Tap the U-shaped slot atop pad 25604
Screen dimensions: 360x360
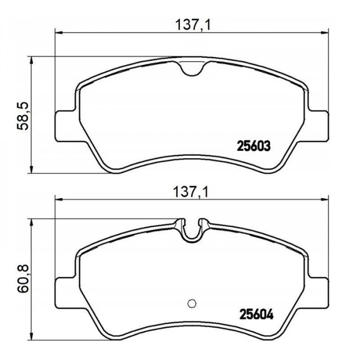coord(192,231)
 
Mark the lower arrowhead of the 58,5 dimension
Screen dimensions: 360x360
coord(33,170)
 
